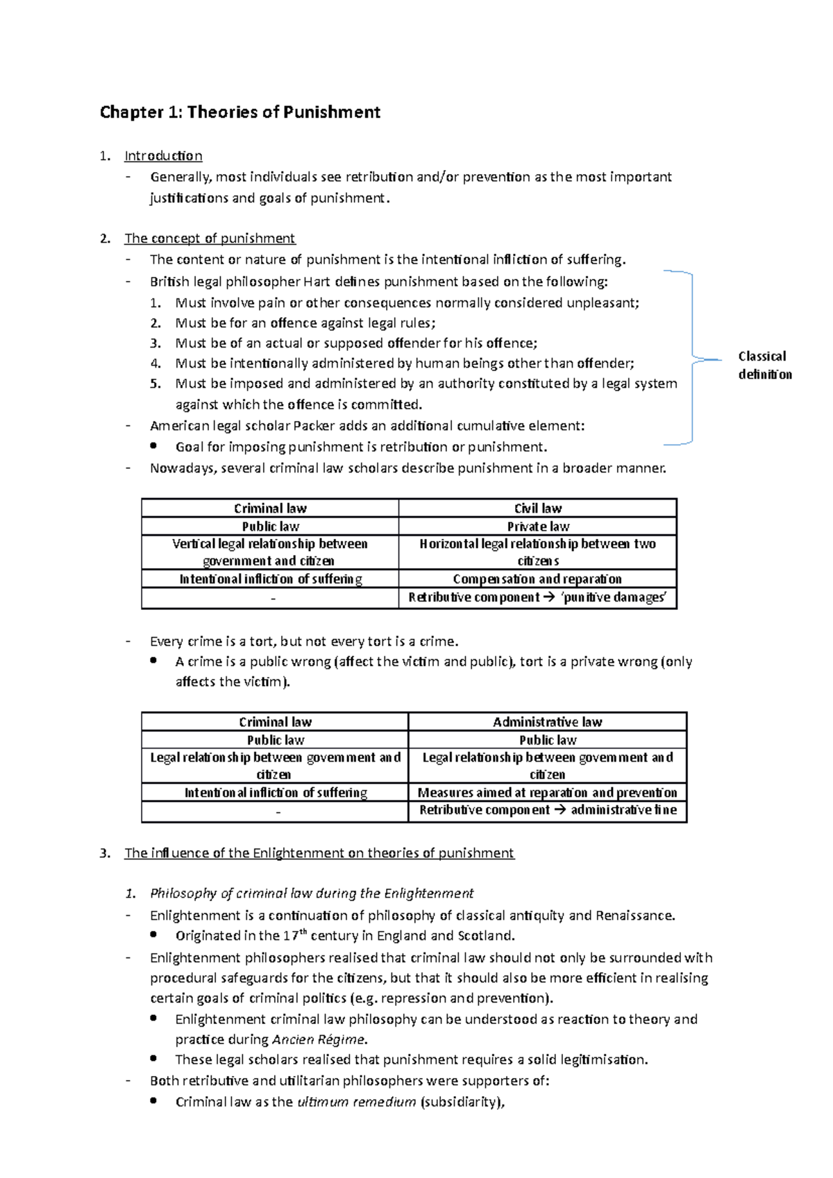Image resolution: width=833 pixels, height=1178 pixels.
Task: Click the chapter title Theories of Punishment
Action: click(x=239, y=112)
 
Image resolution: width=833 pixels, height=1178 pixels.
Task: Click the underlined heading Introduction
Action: click(x=163, y=156)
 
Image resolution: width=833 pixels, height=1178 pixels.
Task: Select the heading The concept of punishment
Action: click(x=210, y=239)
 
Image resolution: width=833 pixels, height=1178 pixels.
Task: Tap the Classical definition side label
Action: click(x=764, y=366)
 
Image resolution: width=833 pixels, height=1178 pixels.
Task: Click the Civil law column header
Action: click(x=538, y=509)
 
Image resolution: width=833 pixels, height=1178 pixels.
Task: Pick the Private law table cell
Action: click(x=538, y=527)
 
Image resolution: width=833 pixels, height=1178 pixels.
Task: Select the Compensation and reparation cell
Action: click(x=537, y=579)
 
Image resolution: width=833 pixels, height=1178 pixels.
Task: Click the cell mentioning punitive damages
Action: click(x=537, y=597)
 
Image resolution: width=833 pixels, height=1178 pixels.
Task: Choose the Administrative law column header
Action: click(x=547, y=722)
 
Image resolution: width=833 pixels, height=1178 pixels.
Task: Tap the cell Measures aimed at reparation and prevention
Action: click(x=547, y=793)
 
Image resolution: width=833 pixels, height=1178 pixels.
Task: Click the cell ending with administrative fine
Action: click(x=547, y=810)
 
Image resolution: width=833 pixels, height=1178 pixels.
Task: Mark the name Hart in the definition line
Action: click(x=312, y=282)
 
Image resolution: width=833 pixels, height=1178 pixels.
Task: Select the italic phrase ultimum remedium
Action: click(x=356, y=1102)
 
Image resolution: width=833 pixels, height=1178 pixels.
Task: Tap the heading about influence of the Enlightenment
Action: click(x=319, y=853)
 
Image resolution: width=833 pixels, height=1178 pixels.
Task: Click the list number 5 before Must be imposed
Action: click(x=155, y=384)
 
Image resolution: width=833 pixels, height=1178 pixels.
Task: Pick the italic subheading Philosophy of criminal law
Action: click(x=311, y=894)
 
